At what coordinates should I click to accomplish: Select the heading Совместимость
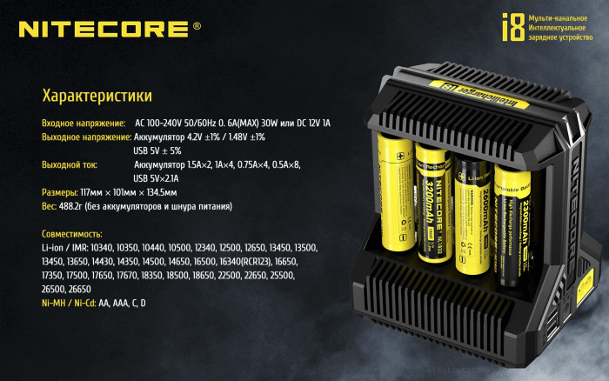[71, 234]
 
